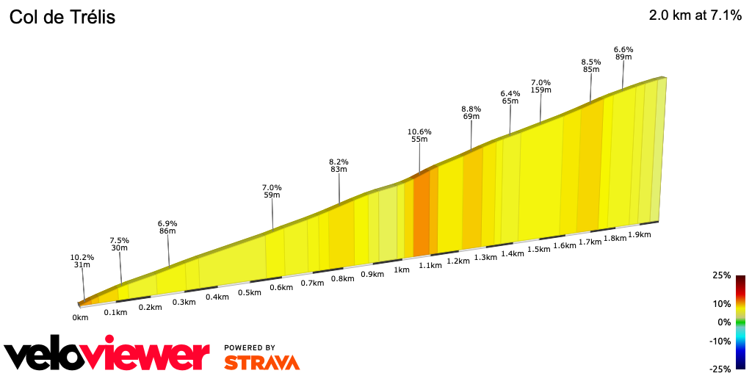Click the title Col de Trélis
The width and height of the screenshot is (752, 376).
point(62,18)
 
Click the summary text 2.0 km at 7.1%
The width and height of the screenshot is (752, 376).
point(695,15)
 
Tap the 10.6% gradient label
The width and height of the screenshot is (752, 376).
point(419,132)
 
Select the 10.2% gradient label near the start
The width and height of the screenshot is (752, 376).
point(82,258)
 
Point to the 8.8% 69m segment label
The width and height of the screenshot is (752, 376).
point(471,112)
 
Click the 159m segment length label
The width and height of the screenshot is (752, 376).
point(540,90)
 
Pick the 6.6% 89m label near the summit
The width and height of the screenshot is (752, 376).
point(623,54)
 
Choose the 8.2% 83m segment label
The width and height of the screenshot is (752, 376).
point(339,165)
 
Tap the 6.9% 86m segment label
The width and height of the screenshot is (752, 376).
point(167,227)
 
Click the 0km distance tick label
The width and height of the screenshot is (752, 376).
point(80,317)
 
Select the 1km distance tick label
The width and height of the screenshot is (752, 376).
point(401,270)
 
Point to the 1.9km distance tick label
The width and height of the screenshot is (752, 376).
point(640,234)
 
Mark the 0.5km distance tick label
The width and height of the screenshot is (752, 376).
point(250,292)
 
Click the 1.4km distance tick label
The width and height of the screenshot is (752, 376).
point(512,253)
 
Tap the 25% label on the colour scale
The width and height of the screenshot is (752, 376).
point(721,275)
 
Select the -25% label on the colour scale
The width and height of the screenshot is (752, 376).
point(720,369)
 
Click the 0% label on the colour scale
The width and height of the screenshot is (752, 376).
point(724,322)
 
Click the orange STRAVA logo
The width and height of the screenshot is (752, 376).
point(261,362)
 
